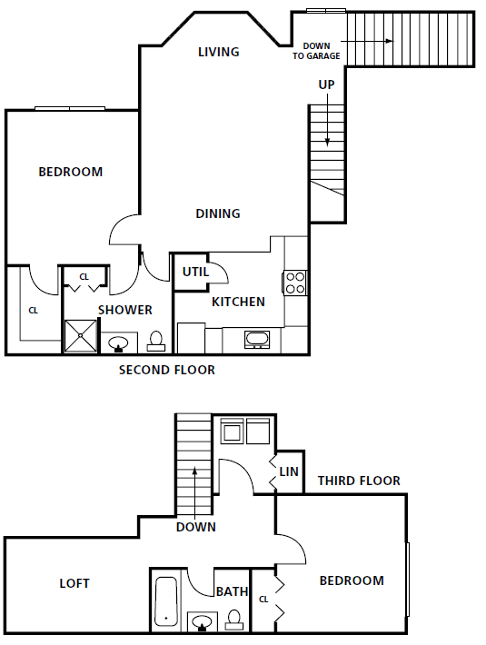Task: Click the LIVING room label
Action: [x=218, y=52]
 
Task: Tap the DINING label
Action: [x=218, y=213]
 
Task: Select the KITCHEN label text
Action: [x=238, y=302]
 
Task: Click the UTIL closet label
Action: [x=195, y=272]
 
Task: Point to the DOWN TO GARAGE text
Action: [x=316, y=51]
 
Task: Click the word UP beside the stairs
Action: [x=326, y=84]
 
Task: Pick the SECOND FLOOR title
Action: [x=167, y=371]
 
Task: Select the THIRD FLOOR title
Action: [x=359, y=481]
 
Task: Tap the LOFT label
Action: [x=74, y=583]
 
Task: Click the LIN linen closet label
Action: [x=289, y=471]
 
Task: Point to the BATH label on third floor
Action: [x=232, y=591]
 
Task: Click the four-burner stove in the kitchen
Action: [x=295, y=283]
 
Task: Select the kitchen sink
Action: [x=257, y=340]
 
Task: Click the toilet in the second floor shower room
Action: [x=156, y=342]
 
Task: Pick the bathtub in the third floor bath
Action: [x=167, y=602]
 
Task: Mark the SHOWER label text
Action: [x=125, y=310]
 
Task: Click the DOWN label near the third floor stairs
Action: [x=196, y=527]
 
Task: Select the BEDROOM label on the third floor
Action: [x=352, y=580]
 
